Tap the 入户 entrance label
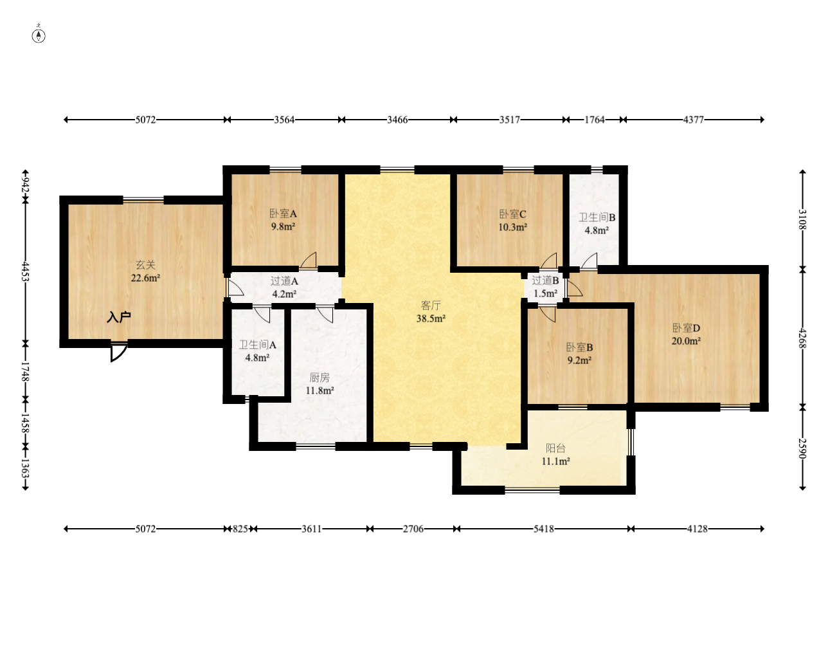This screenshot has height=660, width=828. click(118, 317)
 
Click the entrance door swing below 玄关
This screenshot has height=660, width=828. click(118, 353)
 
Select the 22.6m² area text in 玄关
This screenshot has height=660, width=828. click(145, 278)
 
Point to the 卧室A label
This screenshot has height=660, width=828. click(283, 214)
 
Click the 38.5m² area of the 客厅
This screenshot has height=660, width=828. click(431, 318)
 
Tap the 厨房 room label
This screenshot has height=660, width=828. click(319, 378)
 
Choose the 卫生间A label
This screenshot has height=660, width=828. click(257, 345)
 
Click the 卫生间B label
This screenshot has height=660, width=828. click(597, 217)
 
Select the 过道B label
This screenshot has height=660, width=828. click(545, 280)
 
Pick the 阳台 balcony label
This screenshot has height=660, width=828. click(555, 448)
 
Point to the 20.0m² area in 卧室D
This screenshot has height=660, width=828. click(686, 341)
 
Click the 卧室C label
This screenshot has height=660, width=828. click(512, 214)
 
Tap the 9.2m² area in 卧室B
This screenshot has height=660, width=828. click(579, 360)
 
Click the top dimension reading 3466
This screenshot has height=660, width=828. click(397, 120)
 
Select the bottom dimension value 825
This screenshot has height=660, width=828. click(240, 529)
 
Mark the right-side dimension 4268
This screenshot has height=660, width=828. click(802, 338)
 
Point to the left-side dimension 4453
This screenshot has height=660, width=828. click(25, 272)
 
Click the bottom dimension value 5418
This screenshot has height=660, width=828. click(544, 529)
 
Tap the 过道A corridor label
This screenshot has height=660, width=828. click(284, 281)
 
